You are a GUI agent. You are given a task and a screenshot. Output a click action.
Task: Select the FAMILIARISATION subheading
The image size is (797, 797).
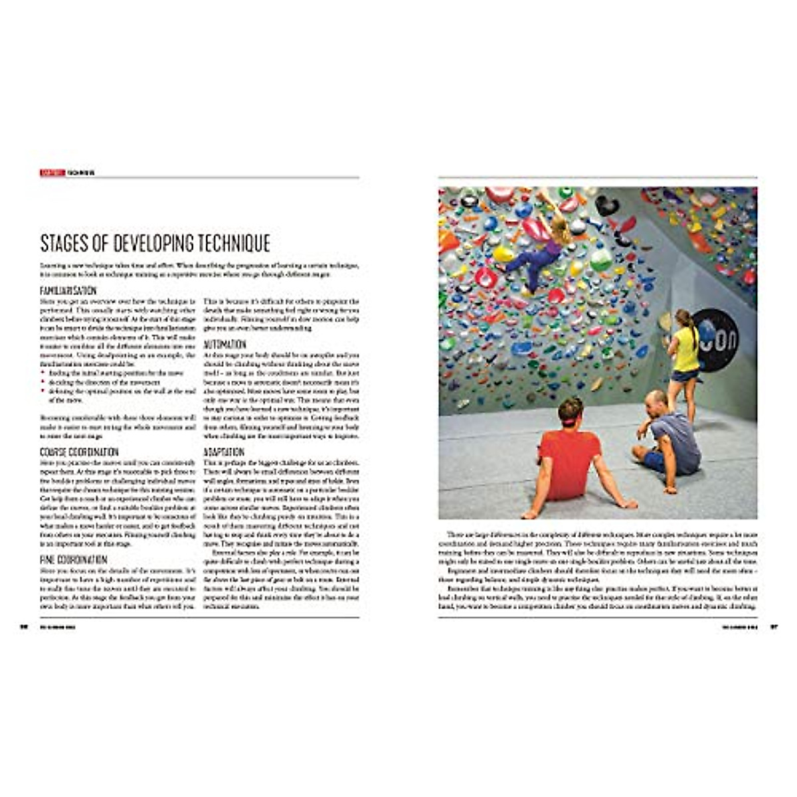pyautogui.click(x=68, y=291)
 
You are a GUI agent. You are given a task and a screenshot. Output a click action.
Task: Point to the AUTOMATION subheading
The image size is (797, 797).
pyautogui.click(x=224, y=345)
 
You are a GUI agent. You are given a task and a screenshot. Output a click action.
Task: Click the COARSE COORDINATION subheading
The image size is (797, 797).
pyautogui.click(x=79, y=452)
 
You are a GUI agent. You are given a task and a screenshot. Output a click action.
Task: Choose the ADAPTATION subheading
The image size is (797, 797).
pyautogui.click(x=224, y=452)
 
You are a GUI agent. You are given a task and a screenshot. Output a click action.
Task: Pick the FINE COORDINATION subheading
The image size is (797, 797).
pyautogui.click(x=74, y=560)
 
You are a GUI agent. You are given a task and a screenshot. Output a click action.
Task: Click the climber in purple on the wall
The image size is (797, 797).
pyautogui.click(x=541, y=249)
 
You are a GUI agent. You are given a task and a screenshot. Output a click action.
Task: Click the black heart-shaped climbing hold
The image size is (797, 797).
pyautogui.click(x=606, y=205)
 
